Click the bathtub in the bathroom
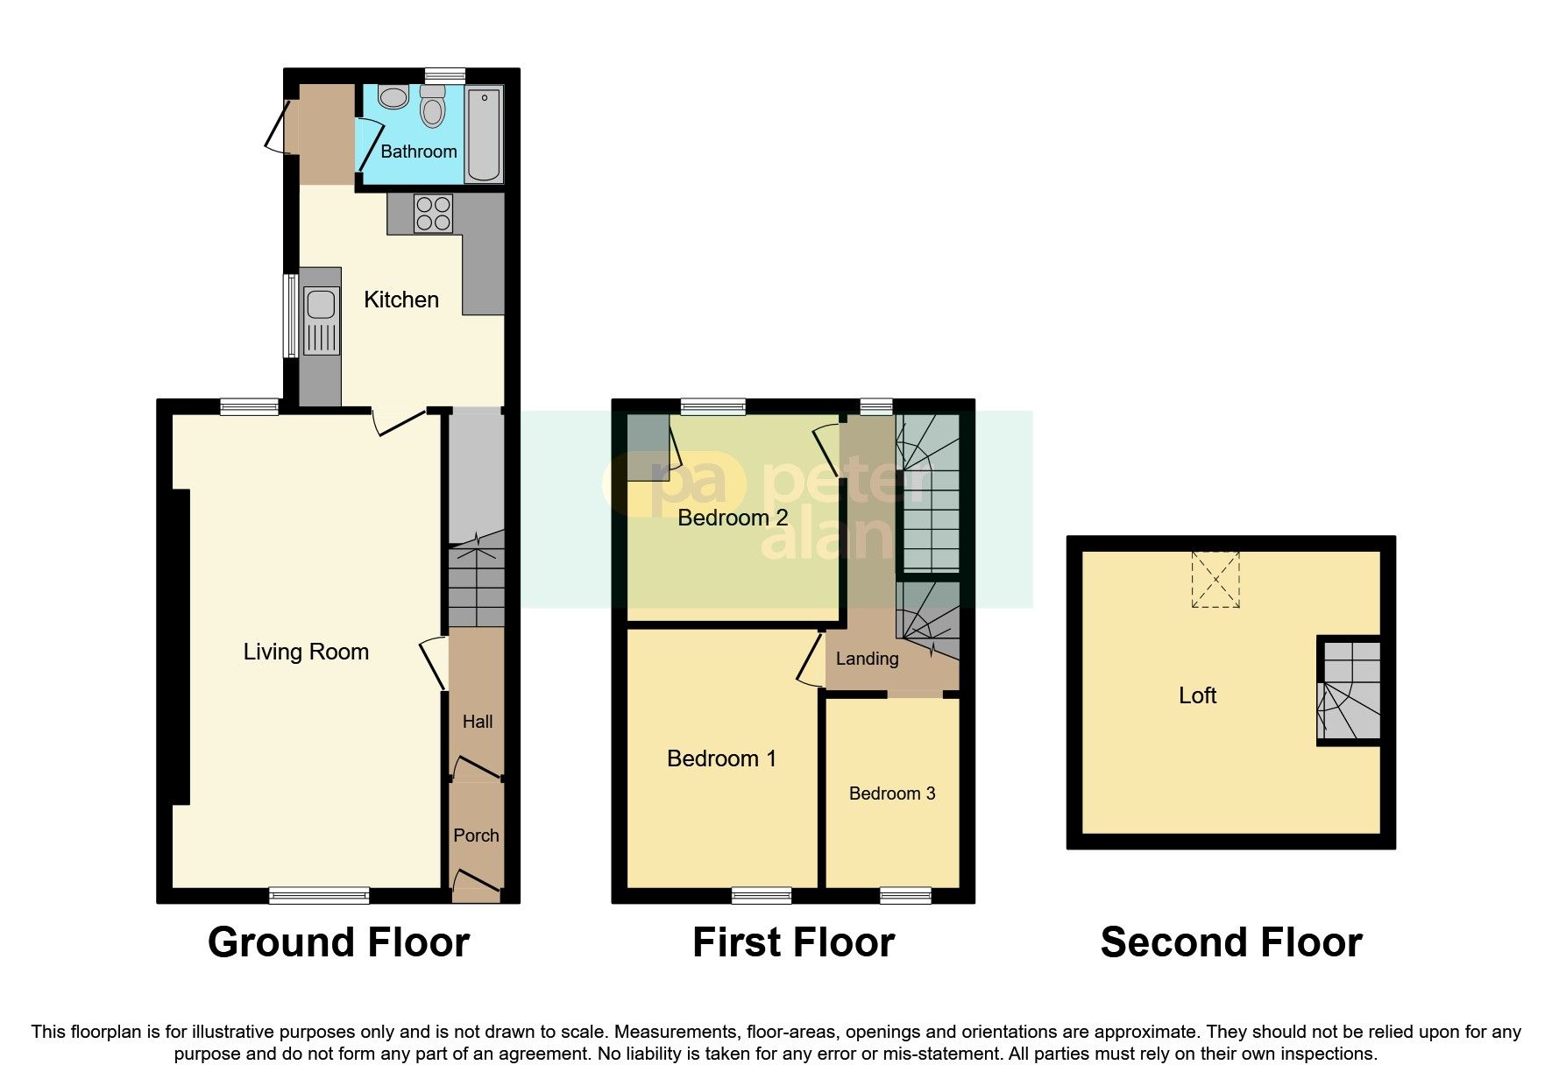coord(484,134)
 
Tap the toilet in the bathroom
coord(432,110)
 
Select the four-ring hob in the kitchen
coord(433,213)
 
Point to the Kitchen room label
coord(401,300)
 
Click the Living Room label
coord(306,652)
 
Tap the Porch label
coord(476,836)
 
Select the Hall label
coord(478,722)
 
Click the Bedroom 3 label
coord(892,793)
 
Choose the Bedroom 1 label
coord(721,758)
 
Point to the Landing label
coord(867,659)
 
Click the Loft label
coord(1197,695)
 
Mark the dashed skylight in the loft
coord(1215,579)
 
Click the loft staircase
coord(1350,691)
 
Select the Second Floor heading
coord(1230,943)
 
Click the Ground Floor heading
coord(338,943)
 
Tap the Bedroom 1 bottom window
coord(762,895)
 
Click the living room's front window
coord(319,895)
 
